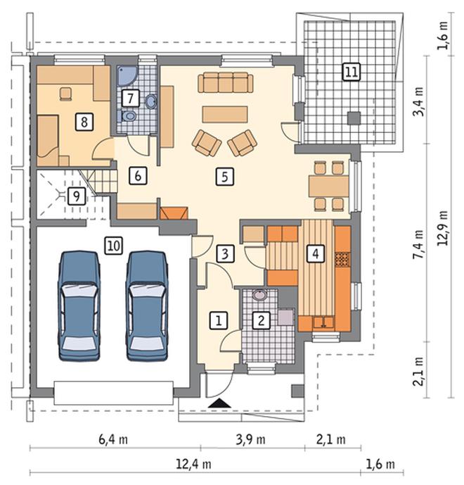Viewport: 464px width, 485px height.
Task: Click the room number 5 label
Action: (x=224, y=177)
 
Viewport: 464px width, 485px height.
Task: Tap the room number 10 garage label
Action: (x=114, y=246)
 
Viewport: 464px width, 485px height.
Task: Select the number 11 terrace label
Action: (x=352, y=72)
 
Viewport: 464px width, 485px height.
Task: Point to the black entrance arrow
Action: (x=219, y=403)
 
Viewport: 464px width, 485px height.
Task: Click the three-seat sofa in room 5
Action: (x=226, y=82)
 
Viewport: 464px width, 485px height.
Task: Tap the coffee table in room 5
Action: (x=225, y=114)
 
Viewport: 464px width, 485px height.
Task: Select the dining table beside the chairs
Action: (x=329, y=187)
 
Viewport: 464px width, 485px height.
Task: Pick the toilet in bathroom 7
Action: (x=127, y=116)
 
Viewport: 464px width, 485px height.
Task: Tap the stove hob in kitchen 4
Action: (x=342, y=259)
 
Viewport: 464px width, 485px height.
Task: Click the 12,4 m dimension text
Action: (x=194, y=464)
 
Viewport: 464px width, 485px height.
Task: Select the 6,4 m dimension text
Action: (x=113, y=439)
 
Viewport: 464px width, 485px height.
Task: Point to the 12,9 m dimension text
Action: (x=443, y=228)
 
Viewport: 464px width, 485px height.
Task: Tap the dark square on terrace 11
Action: (x=354, y=118)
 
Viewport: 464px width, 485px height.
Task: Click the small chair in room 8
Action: (x=65, y=94)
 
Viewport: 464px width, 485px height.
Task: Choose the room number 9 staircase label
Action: (x=77, y=196)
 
